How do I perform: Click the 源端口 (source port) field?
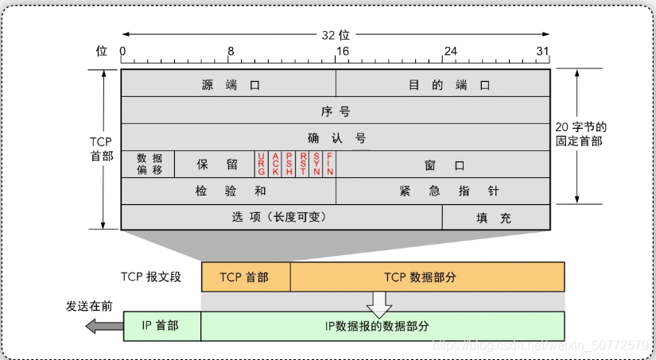point(228,83)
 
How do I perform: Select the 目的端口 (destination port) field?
point(443,83)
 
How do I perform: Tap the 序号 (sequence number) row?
point(335,110)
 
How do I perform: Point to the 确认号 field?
point(335,137)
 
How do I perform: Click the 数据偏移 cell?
point(148,164)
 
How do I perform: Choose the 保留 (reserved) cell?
point(215,164)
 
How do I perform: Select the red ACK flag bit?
point(275,164)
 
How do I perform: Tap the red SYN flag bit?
point(316,164)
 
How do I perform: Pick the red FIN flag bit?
point(329,164)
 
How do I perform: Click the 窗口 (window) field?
point(443,165)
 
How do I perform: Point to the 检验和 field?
point(228,191)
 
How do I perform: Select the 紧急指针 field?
point(443,191)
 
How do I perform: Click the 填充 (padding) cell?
point(495,217)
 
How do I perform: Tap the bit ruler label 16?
point(340,52)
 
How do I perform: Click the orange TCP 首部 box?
point(246,277)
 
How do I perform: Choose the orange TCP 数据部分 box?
point(427,277)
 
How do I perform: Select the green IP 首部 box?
point(162,326)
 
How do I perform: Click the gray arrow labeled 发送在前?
point(102,326)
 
